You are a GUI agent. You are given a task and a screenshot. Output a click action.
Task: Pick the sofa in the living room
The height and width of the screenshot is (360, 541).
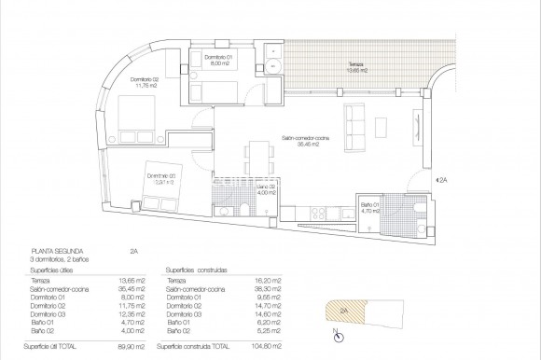(355, 126)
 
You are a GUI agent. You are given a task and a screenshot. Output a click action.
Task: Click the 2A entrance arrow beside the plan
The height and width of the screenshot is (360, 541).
(443, 179)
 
